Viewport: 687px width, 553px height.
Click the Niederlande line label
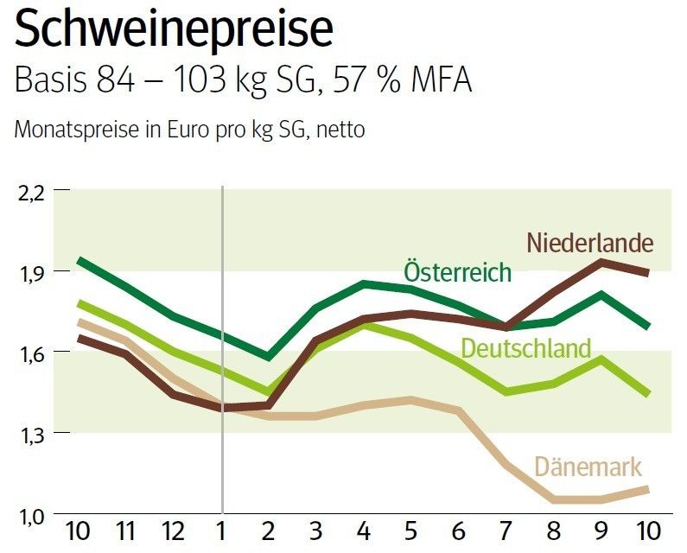(x=589, y=242)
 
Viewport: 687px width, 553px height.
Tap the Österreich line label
(x=457, y=271)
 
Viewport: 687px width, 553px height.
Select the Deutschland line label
(x=525, y=348)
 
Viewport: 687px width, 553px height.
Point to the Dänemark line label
(x=588, y=467)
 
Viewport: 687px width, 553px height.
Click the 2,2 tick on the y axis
(x=31, y=193)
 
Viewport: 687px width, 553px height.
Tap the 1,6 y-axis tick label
(x=32, y=354)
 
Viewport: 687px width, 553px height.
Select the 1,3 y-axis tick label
(x=32, y=435)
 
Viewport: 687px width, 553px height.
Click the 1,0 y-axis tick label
(x=32, y=517)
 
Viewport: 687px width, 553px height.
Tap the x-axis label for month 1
(x=222, y=531)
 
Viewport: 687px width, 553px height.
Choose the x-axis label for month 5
(x=411, y=531)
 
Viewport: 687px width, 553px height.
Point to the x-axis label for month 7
(x=506, y=531)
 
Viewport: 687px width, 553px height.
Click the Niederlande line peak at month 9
(x=601, y=262)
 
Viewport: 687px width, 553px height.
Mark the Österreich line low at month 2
(x=268, y=357)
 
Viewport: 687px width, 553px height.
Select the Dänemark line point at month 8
(x=553, y=499)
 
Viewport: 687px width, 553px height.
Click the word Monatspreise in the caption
(x=76, y=130)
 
